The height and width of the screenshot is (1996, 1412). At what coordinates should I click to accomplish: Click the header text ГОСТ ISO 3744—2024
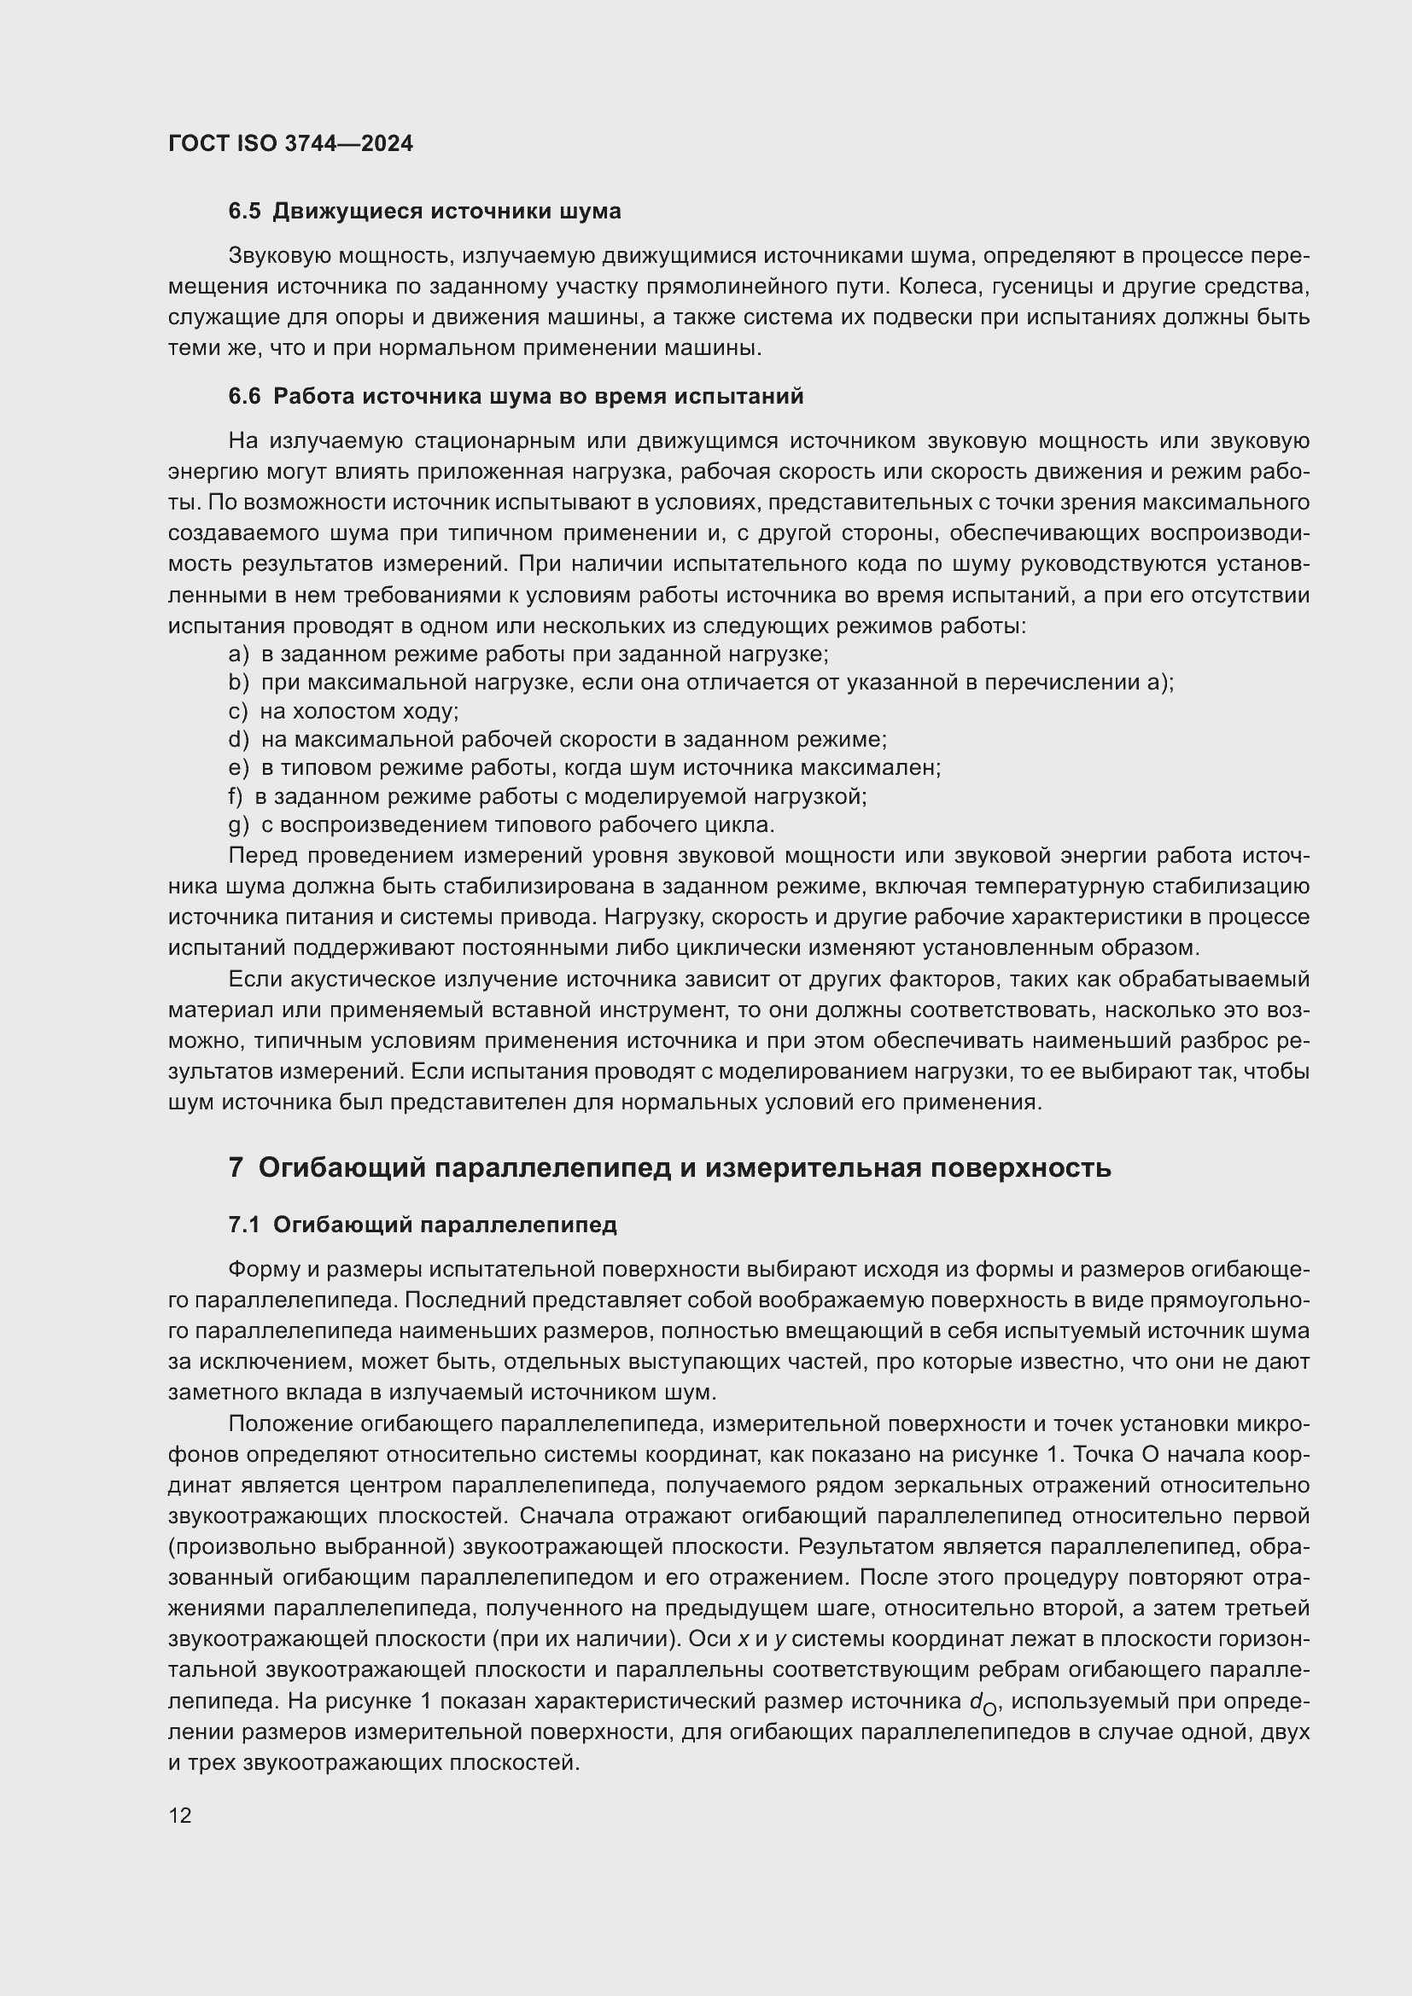click(x=290, y=143)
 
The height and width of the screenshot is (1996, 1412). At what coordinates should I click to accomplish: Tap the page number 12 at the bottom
click(x=180, y=1815)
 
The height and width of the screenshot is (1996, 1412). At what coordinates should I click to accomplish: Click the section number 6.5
click(x=244, y=212)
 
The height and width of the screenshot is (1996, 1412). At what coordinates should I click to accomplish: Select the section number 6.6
click(x=244, y=397)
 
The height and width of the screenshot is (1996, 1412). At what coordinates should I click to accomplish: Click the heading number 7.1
click(x=244, y=1225)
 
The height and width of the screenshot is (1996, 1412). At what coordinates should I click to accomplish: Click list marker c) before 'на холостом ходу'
click(x=237, y=711)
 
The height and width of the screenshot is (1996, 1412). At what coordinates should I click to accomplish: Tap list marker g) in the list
click(x=237, y=824)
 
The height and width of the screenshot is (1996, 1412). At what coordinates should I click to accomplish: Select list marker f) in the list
click(x=235, y=795)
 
